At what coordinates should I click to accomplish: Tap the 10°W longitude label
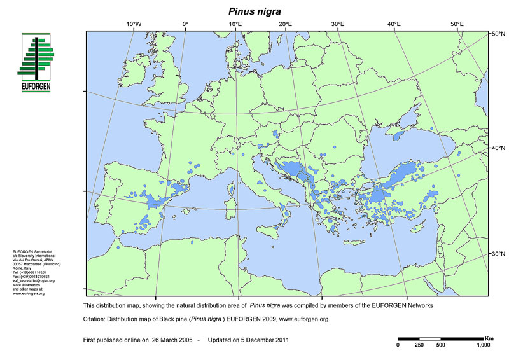tap(134, 24)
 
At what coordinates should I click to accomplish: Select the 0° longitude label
tap(185, 24)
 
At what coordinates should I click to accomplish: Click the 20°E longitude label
tap(285, 24)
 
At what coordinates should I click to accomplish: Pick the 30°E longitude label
tap(338, 24)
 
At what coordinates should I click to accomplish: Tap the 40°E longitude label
tap(394, 24)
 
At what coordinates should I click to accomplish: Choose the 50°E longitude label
tap(457, 24)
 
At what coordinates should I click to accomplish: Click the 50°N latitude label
tap(497, 33)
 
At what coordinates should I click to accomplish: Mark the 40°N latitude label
tap(497, 148)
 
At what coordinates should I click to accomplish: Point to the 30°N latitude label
tap(497, 254)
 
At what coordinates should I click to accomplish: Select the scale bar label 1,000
tap(483, 345)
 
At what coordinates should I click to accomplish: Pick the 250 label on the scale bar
tap(419, 345)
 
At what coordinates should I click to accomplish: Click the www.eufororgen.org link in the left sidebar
tap(29, 294)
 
